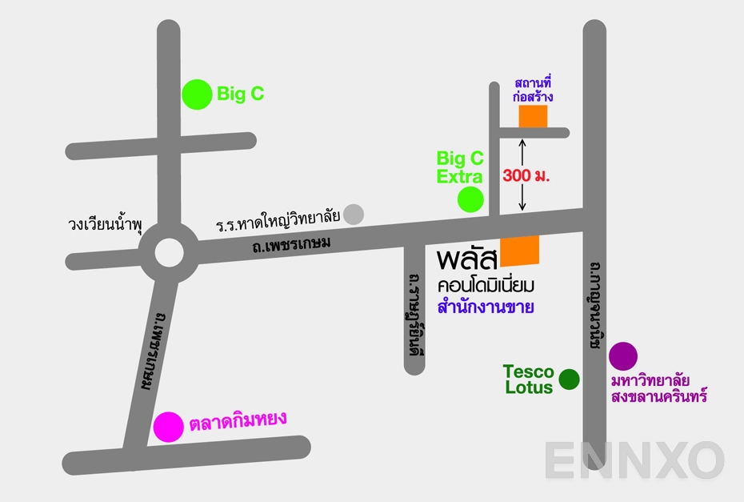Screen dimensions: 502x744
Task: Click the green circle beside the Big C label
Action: (x=195, y=94)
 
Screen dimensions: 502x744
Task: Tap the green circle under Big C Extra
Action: (x=470, y=199)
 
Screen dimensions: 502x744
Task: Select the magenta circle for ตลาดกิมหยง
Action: (x=168, y=427)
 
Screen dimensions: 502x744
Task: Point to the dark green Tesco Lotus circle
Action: (x=569, y=379)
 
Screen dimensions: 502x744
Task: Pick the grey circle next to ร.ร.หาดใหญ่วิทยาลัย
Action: (x=354, y=215)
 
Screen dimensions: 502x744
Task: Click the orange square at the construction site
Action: (x=533, y=116)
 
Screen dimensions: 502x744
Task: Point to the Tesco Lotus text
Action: (x=529, y=380)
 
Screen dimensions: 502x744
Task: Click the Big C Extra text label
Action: (x=460, y=167)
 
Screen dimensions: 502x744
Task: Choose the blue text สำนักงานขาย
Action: (x=486, y=307)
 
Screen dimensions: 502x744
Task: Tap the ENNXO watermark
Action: (x=634, y=461)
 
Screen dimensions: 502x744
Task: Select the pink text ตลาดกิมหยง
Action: (x=238, y=420)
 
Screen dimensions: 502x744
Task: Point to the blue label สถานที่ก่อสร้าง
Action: (x=534, y=90)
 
